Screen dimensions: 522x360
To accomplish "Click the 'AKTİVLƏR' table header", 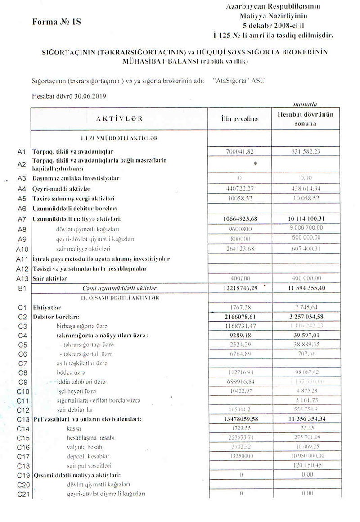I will pyautogui.click(x=119, y=118).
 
